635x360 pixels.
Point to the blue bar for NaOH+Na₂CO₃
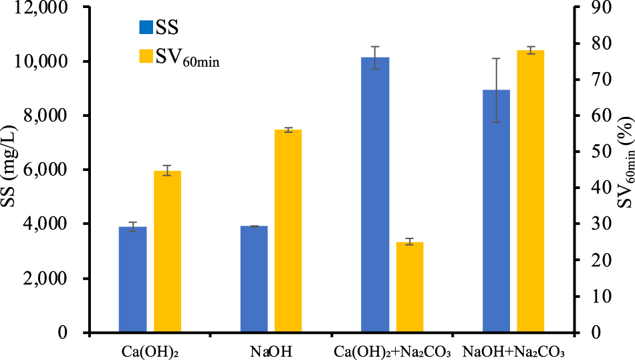[x=496, y=211]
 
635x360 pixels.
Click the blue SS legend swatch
[x=145, y=27]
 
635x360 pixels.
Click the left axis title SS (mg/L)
[x=13, y=170]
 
